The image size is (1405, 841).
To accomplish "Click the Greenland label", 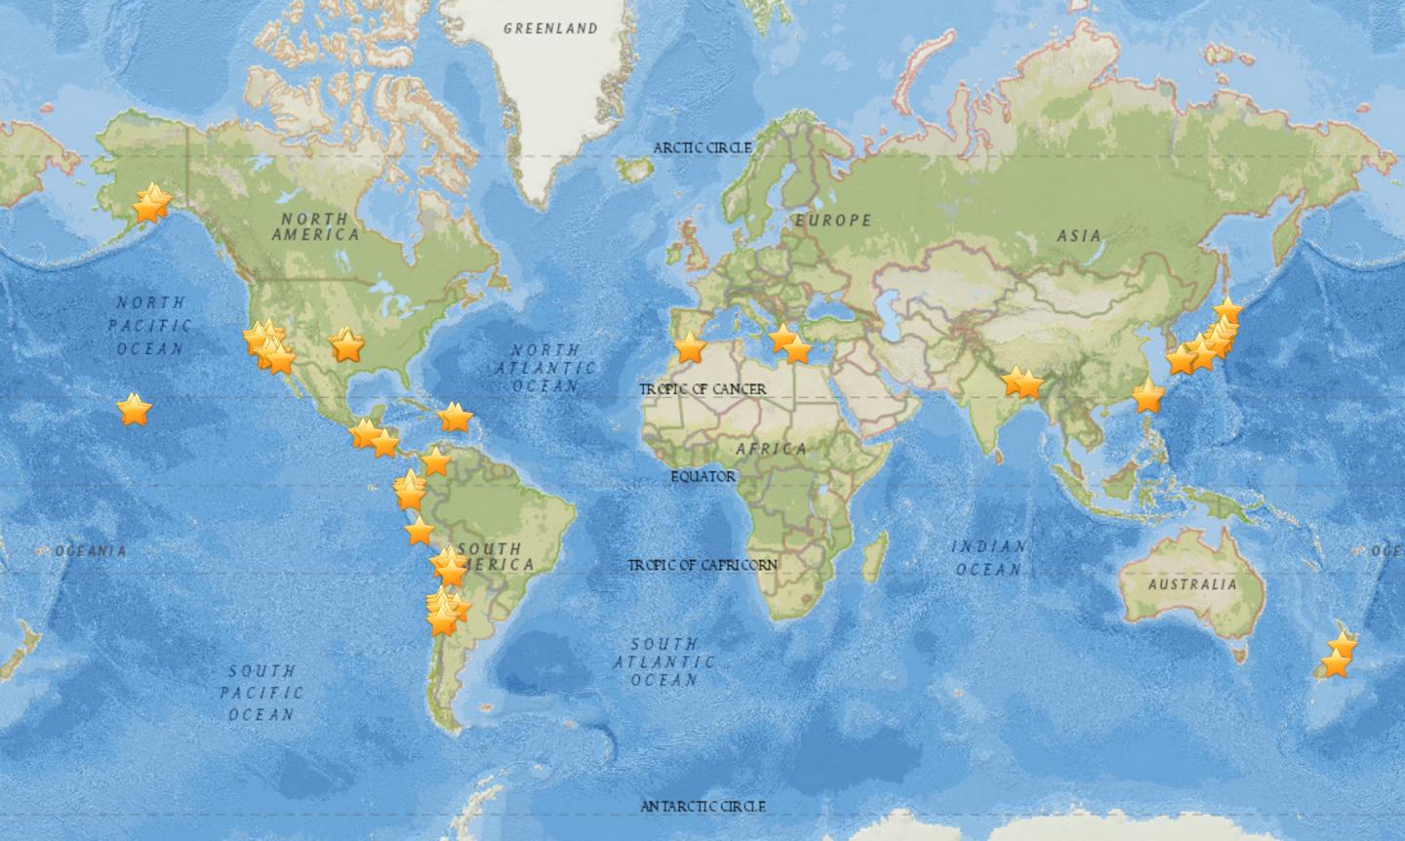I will [x=550, y=28].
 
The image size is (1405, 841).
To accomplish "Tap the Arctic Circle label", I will [x=702, y=147].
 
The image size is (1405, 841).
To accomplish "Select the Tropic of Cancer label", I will [x=702, y=389].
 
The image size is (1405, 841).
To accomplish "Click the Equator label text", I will [x=702, y=476].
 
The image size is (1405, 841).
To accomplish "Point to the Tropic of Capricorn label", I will [x=702, y=565].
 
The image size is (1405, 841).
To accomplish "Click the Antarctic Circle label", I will [x=702, y=806].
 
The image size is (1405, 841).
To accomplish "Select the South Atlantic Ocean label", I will [x=663, y=661].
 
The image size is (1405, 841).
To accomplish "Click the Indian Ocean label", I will [x=988, y=557].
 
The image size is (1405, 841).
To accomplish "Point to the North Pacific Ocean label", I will [x=149, y=325].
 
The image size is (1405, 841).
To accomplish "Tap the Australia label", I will [x=1191, y=585].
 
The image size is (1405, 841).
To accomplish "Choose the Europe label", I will [x=832, y=220].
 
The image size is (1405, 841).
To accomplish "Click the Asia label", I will [x=1078, y=235].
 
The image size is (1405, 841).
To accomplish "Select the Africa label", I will [x=771, y=449].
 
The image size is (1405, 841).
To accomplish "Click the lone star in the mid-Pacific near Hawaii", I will [x=134, y=410].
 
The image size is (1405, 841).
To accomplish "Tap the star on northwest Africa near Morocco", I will [x=690, y=346].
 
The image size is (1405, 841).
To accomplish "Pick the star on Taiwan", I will [x=1148, y=398].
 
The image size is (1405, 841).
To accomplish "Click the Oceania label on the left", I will [x=91, y=551].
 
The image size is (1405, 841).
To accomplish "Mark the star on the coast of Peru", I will [x=419, y=532].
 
